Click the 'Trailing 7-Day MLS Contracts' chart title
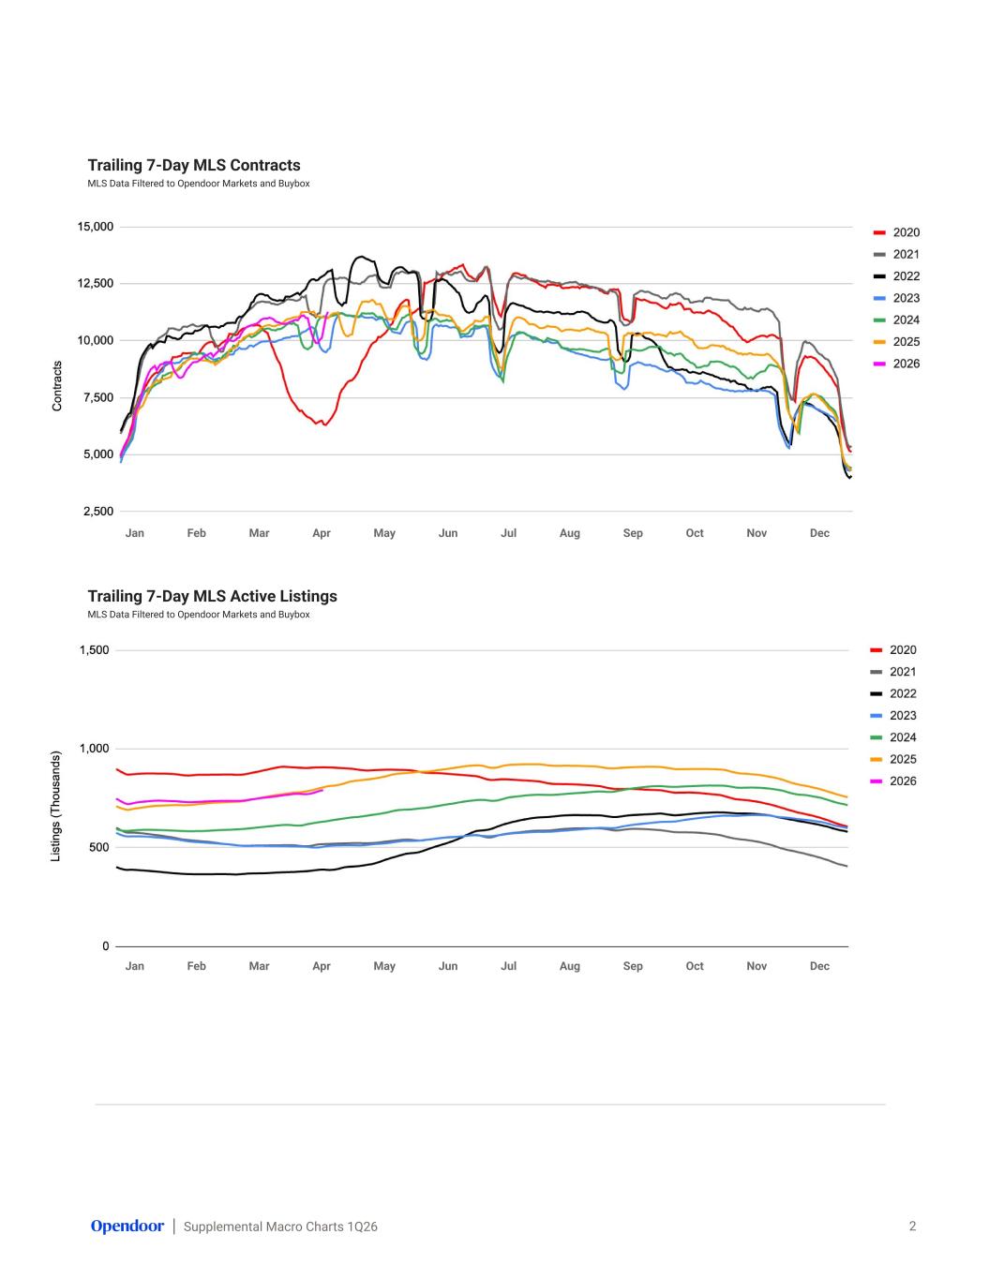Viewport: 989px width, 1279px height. pos(194,166)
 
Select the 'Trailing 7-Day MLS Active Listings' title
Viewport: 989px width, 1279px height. pos(213,596)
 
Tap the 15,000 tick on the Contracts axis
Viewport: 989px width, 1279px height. pos(96,227)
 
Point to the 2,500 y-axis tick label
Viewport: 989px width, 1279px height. pos(98,512)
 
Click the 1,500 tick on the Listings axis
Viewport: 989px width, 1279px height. pos(94,649)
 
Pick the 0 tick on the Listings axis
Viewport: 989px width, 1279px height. pos(106,945)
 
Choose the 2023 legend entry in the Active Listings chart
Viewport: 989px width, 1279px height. pos(893,715)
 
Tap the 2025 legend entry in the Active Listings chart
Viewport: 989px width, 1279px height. pos(893,759)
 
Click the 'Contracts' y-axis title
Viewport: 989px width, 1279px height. pos(57,386)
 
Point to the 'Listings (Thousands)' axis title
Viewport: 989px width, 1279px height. pos(56,807)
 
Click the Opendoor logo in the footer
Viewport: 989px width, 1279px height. pos(127,1226)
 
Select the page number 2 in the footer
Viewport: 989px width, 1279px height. pos(912,1226)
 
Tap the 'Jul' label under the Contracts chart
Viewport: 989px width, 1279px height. pos(509,533)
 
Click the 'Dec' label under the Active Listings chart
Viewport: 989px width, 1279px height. pos(819,966)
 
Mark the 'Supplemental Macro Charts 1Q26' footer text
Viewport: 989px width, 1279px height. pos(280,1227)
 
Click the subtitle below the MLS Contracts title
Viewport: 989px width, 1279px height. pos(199,184)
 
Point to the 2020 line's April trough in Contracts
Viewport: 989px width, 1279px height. pos(324,424)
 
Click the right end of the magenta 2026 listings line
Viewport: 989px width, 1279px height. pos(322,790)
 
